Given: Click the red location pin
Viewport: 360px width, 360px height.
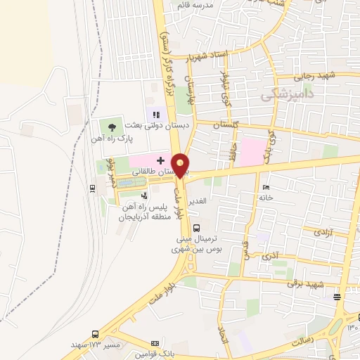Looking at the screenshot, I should coord(181,165).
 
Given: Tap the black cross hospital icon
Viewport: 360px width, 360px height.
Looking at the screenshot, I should coord(161,161).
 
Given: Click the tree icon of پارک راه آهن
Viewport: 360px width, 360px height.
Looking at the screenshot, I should coord(112,127).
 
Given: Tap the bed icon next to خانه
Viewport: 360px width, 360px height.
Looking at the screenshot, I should coord(265,187).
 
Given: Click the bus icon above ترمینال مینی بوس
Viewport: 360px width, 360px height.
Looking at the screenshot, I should coord(196,227).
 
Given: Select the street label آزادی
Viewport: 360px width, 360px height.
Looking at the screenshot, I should coord(322,231).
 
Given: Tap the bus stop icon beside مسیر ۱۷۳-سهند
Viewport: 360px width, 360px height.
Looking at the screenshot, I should coord(95,335).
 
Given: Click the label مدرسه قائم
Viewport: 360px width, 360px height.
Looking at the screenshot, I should coord(213,5).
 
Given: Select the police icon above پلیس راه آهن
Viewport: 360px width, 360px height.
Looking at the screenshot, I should coord(144,196).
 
